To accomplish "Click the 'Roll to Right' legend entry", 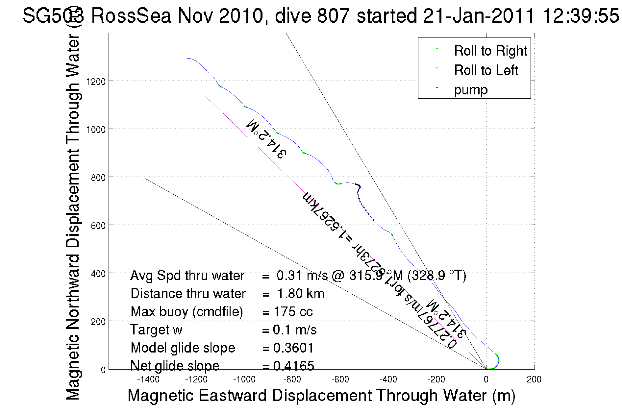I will click(x=490, y=51).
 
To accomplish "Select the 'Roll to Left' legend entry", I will click(x=486, y=70).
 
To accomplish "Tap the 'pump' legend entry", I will click(x=471, y=90).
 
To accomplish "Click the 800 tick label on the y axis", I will click(x=98, y=178).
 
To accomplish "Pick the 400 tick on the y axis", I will click(x=98, y=274).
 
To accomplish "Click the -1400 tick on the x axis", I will click(x=148, y=379).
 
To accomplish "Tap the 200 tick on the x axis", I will click(x=534, y=379).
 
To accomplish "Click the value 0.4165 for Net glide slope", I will click(x=293, y=366).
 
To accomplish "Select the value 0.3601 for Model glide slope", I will click(x=293, y=348).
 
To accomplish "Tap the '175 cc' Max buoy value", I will click(x=293, y=312).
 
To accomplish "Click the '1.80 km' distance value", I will click(x=301, y=294).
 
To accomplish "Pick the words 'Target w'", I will click(x=156, y=330).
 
